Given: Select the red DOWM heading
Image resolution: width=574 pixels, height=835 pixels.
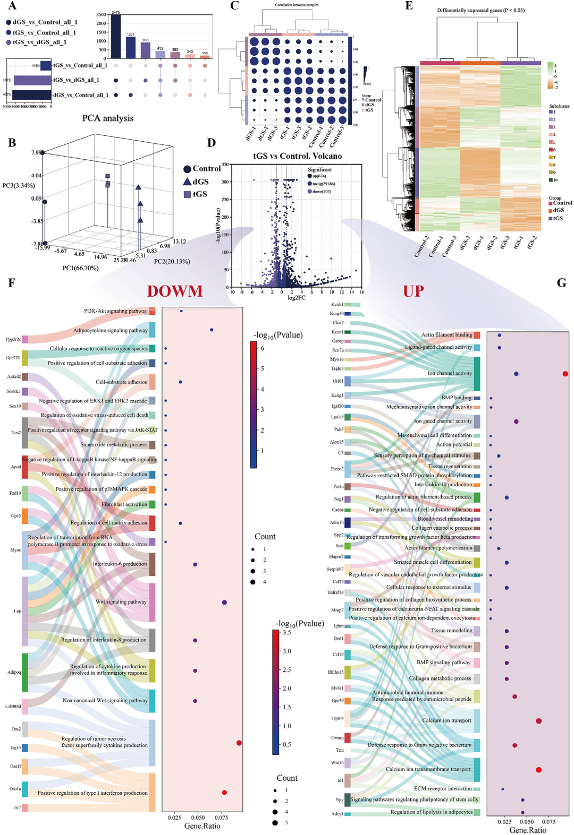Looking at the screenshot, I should pos(175,291).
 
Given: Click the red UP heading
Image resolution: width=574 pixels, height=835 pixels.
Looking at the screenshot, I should pos(413,291).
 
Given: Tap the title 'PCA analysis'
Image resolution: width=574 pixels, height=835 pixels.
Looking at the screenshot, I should pos(108,118).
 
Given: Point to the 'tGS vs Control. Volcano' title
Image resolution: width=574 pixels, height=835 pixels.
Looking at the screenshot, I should pos(298,156).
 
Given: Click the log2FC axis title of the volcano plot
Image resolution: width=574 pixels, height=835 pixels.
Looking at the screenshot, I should pos(296,298).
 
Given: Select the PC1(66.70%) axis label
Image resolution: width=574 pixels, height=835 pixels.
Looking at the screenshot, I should pos(80,268).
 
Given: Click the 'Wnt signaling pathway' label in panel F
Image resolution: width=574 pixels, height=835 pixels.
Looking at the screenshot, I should pos(121,602).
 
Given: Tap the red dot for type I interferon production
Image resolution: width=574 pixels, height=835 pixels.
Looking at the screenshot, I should pos(224,793).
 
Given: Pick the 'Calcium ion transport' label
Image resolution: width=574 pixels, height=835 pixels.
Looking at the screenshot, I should pos(446,721).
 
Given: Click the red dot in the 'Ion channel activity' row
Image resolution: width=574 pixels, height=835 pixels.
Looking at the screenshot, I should pos(565,374).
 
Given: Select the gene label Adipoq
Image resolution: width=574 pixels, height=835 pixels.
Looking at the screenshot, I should pos(14,672).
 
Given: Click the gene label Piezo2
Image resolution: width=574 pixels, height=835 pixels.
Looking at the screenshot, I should pos(337,469).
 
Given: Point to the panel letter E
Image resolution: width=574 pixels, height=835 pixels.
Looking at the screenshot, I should pos(409,6).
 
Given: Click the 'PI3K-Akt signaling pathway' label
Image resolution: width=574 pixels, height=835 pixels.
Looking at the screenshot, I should pos(115,311).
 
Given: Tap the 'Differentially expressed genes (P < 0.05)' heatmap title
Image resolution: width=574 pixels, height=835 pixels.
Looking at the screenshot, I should pos(480,10).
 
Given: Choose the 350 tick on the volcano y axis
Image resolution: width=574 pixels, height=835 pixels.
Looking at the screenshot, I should pos(225,165).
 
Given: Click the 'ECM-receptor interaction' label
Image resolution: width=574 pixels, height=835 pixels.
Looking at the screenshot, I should pos(443,789).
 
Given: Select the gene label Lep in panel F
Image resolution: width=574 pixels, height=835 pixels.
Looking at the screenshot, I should pos(18,611).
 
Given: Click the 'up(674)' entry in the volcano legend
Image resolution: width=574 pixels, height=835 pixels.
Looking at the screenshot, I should pos(319,176).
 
